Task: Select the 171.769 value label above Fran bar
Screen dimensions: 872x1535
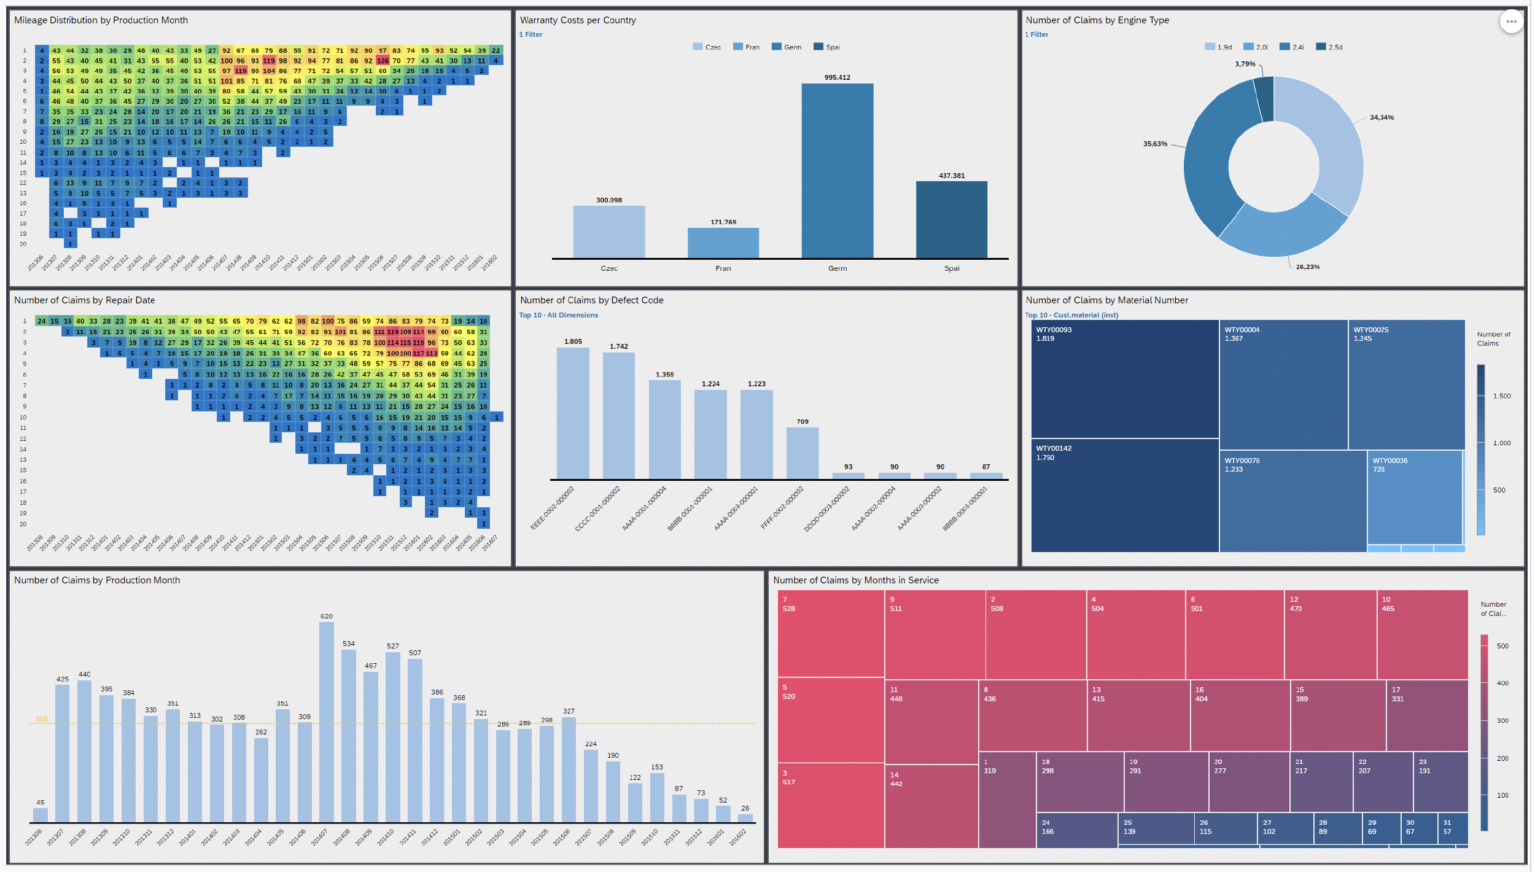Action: coord(723,222)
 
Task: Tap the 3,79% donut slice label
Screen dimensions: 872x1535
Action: coord(1245,64)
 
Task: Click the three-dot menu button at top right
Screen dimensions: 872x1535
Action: coord(1511,21)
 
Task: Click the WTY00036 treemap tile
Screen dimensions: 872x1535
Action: coord(1414,497)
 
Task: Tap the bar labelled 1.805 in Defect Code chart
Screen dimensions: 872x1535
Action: coord(572,413)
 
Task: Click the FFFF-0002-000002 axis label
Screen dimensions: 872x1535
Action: coord(783,508)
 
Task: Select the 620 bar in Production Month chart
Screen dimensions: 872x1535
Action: coord(327,722)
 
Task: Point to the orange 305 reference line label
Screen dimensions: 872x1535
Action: coord(41,719)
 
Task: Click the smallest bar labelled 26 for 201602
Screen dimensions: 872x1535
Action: coord(745,818)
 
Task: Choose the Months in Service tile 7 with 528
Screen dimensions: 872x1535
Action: coord(830,634)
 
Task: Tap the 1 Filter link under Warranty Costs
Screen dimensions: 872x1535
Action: coord(530,34)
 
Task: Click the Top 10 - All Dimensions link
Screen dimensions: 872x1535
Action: coord(558,315)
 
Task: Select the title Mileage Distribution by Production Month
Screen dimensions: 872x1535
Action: coord(101,20)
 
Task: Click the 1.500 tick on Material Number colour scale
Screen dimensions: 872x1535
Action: coord(1502,396)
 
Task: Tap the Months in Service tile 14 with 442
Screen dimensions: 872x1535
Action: coord(931,806)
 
